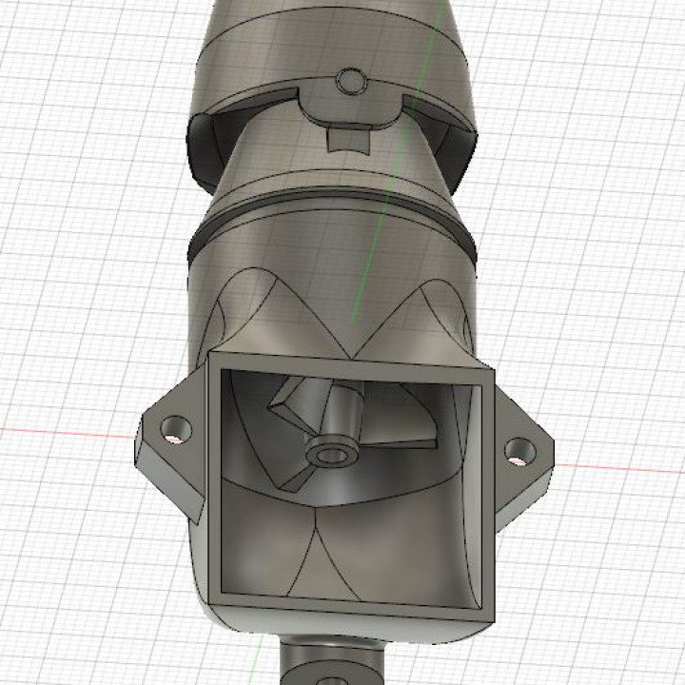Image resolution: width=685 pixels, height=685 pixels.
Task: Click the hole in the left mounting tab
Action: [x=173, y=428]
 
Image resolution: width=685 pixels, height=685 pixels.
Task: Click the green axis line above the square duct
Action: [x=360, y=295]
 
